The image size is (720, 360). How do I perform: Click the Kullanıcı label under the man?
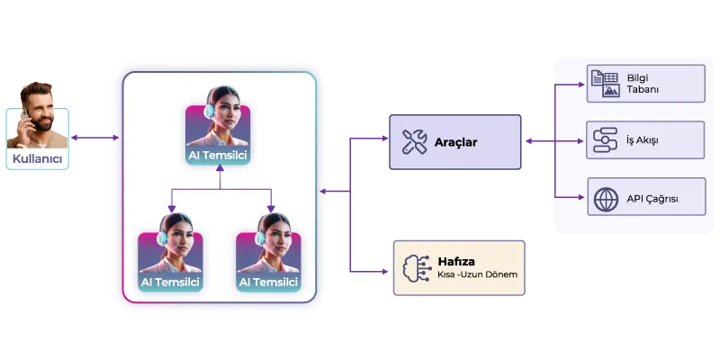coord(37,159)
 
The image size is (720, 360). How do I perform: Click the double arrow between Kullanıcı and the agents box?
coord(95,138)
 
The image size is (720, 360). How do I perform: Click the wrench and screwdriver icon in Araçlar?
coord(415,141)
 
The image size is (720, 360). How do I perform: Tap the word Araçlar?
coord(456,142)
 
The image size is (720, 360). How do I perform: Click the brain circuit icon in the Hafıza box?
coord(417,267)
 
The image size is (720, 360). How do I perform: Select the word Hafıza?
coord(456,261)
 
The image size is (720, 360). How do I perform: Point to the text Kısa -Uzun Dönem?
coord(478,274)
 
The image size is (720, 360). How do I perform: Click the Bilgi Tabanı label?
coord(643,84)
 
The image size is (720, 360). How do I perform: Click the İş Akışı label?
coord(643,140)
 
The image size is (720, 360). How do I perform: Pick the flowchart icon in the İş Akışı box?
coord(605,140)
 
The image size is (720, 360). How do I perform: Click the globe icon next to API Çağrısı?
coord(606,199)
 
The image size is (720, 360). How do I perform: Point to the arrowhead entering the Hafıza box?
coord(385,272)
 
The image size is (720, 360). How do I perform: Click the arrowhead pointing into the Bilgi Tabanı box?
coord(581,85)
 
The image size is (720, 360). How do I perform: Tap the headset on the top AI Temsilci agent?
coord(210,111)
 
